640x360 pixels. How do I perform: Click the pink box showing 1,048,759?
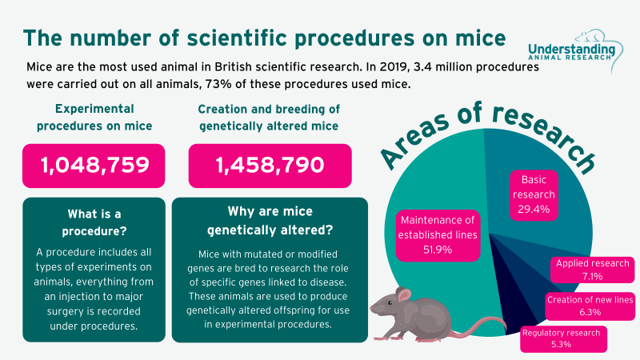[94, 166]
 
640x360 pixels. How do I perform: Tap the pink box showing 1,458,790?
[270, 166]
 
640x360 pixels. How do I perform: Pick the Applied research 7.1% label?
[593, 270]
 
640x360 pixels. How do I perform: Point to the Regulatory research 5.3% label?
[562, 338]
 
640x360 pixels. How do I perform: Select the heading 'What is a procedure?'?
[94, 223]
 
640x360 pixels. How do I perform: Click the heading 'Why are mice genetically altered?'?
[270, 223]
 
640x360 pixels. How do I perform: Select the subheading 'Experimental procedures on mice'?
[94, 117]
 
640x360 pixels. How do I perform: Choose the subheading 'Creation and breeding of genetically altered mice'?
[270, 117]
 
